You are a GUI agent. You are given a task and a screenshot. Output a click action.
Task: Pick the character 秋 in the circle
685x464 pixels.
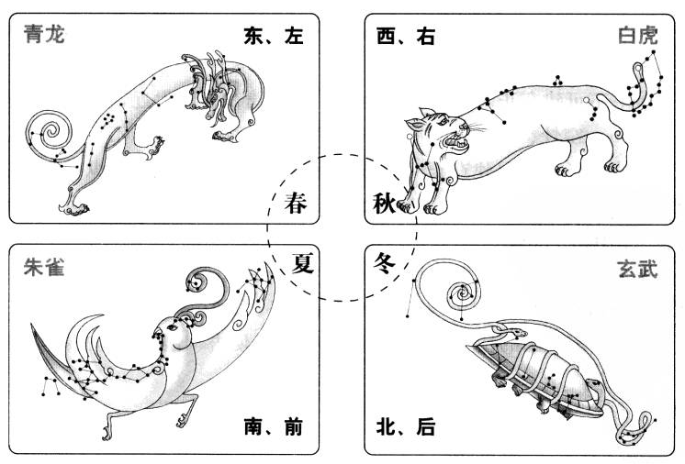click(385, 204)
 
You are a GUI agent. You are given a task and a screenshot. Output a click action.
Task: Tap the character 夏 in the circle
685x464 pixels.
click(302, 263)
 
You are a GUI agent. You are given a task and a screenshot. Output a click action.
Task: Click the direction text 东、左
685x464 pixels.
click(273, 36)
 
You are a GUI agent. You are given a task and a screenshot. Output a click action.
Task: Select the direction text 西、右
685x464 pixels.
click(406, 36)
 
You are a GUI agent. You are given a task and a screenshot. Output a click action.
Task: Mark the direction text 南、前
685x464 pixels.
click(273, 426)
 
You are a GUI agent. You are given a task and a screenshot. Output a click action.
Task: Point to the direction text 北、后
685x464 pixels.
click(406, 426)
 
